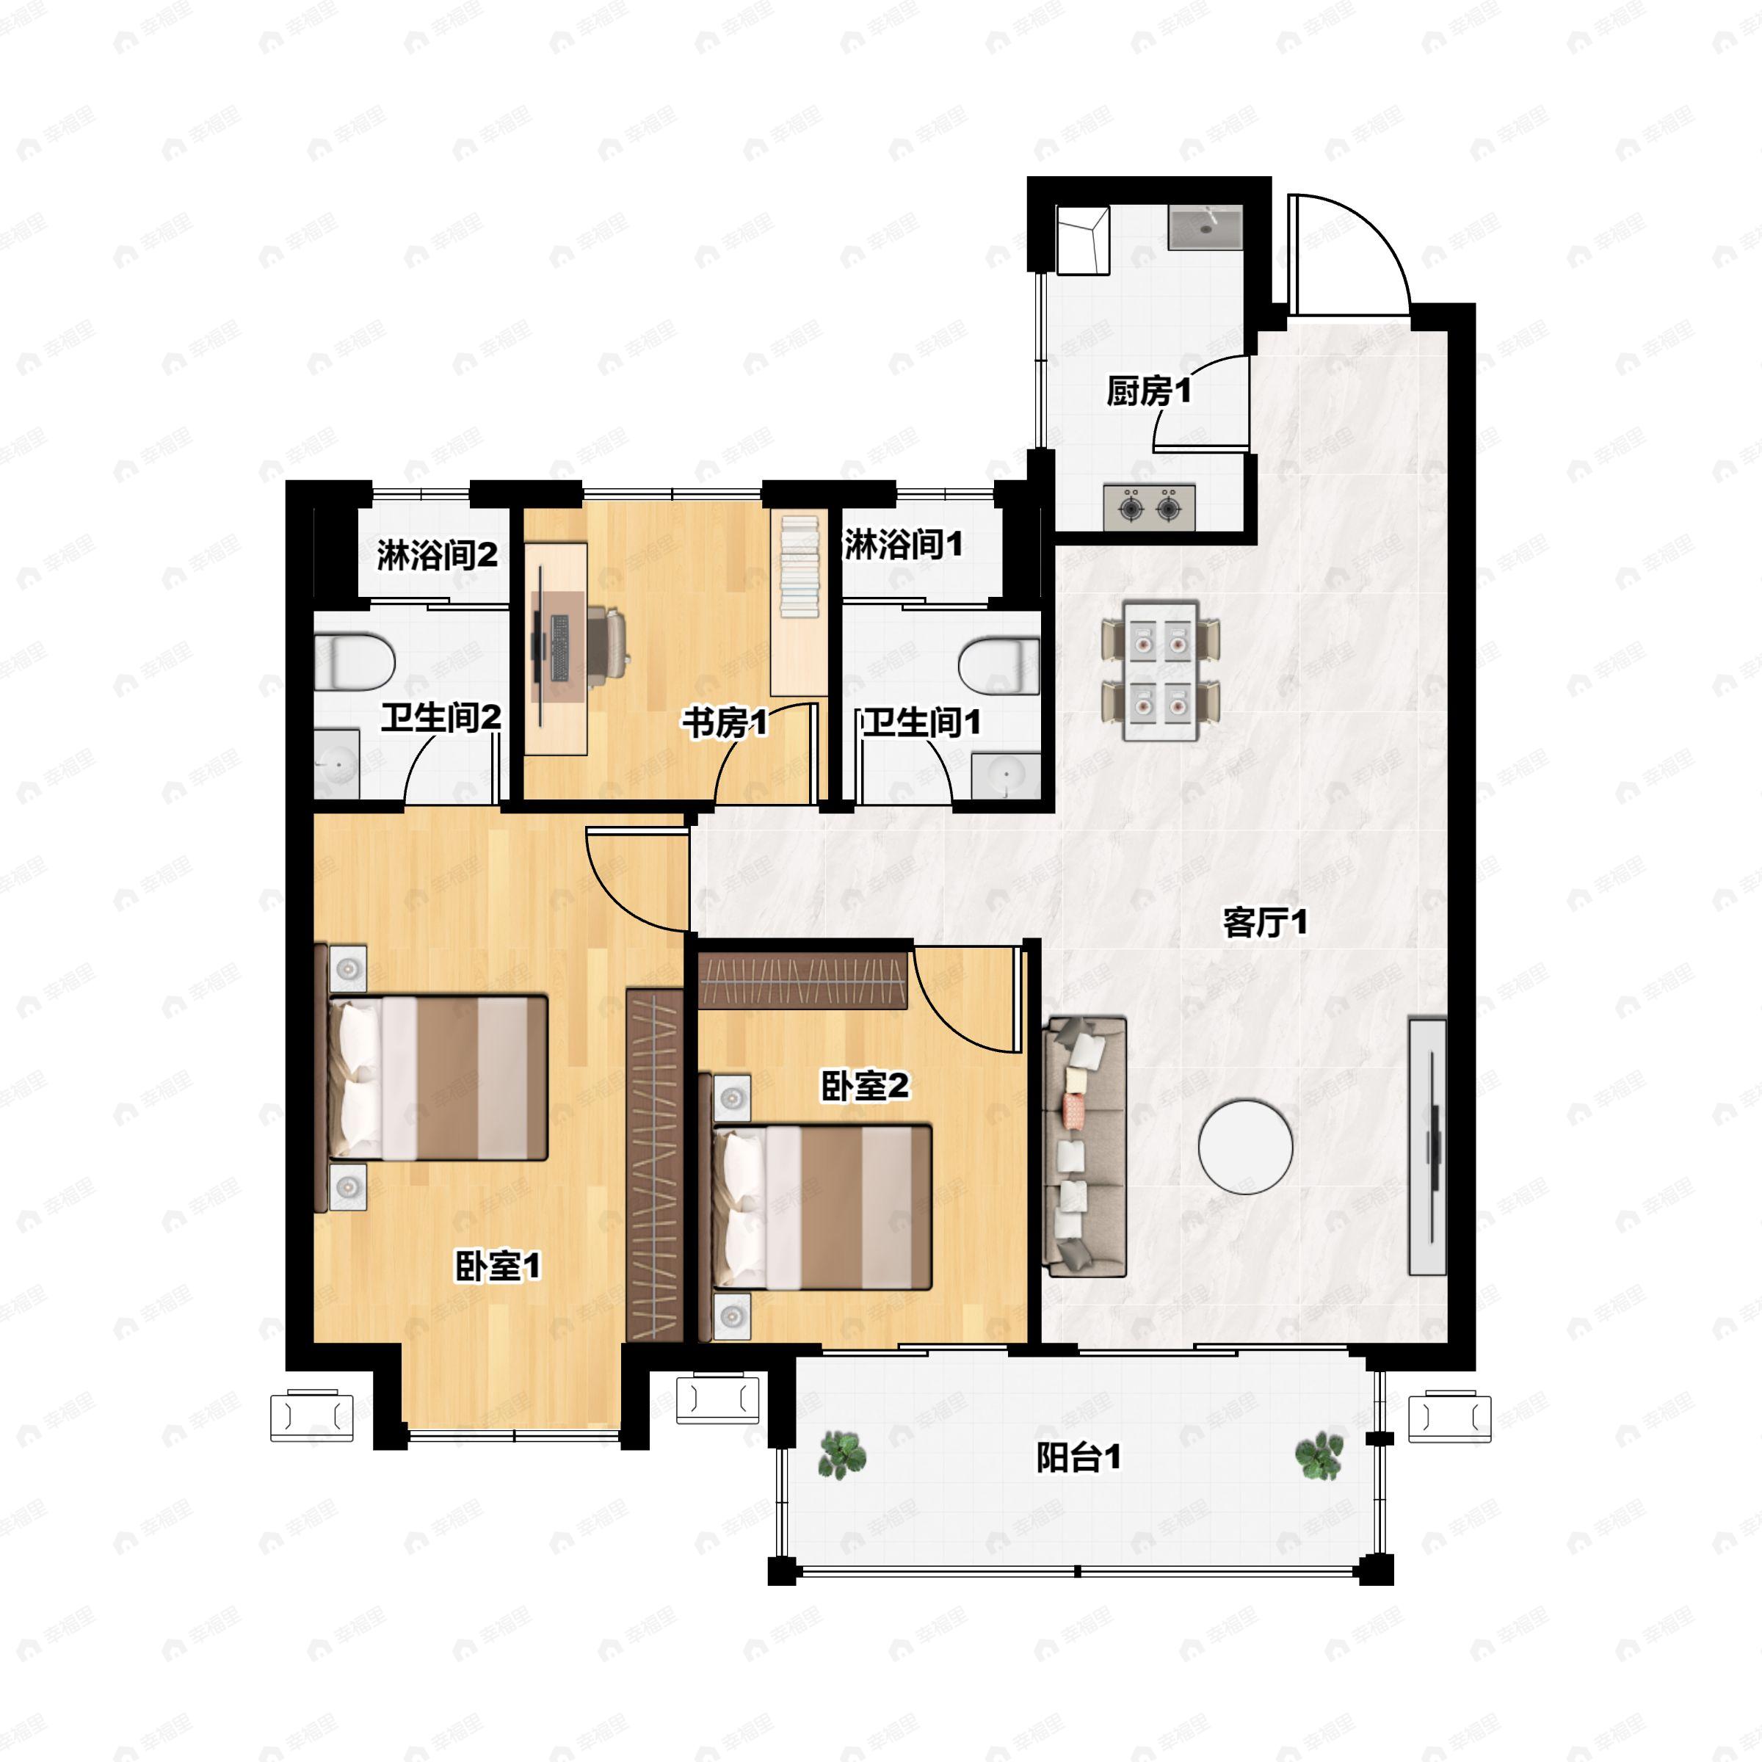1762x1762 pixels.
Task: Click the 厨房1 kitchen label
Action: tap(1148, 391)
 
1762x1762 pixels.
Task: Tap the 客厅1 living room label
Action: tap(1264, 923)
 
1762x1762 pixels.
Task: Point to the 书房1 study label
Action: tap(725, 723)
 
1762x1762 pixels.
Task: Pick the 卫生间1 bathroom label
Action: tap(922, 722)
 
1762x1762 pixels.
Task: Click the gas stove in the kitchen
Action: tap(1149, 506)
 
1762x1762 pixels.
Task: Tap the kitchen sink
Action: tap(1205, 227)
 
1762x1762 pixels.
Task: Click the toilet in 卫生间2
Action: tap(354, 662)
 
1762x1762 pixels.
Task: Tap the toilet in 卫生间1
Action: tap(999, 666)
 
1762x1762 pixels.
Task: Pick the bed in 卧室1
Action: tap(432, 1079)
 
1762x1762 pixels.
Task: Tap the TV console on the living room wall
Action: tap(1427, 1145)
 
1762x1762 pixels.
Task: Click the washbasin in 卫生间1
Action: tap(1005, 775)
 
